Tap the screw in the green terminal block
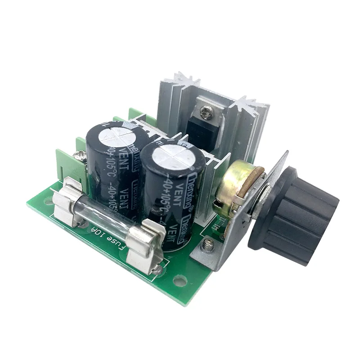pyautogui.click(x=80, y=156)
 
